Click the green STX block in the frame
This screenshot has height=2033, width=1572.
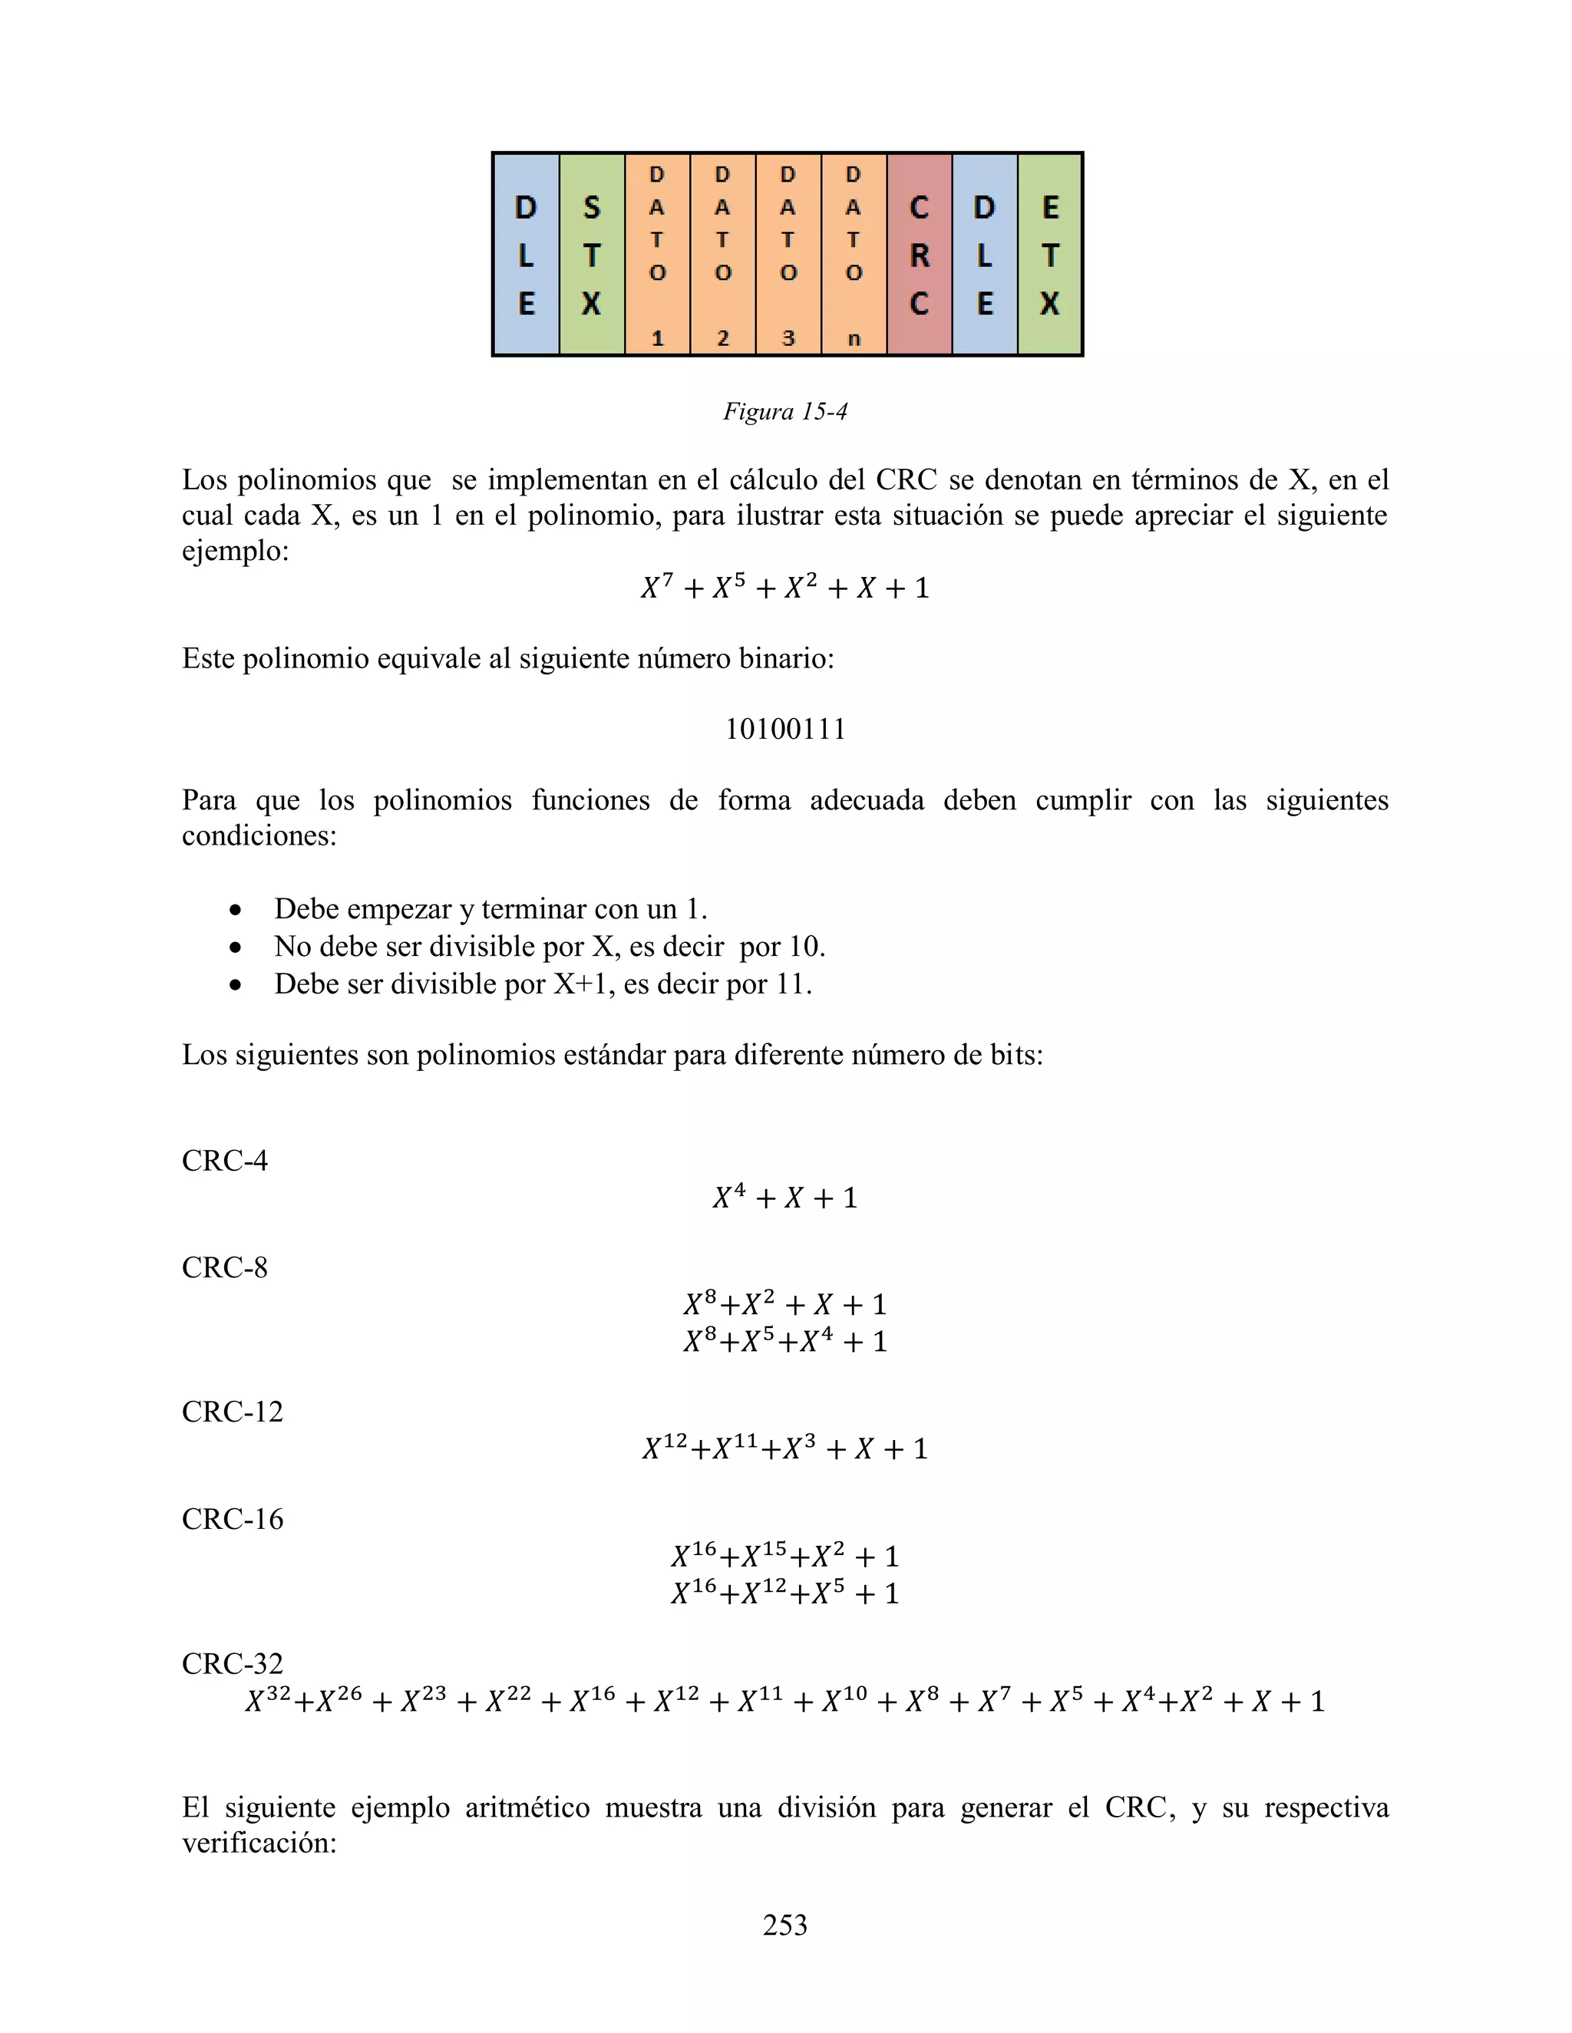click(591, 254)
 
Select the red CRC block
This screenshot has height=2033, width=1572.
click(919, 254)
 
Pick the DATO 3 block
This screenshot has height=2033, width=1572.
click(788, 254)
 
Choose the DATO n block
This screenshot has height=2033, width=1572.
click(853, 254)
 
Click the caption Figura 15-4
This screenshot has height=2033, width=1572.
click(785, 411)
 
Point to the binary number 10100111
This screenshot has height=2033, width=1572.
click(785, 729)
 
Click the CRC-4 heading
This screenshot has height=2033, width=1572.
click(224, 1161)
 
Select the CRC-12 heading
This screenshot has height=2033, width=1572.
click(232, 1412)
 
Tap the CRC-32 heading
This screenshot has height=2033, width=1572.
click(232, 1663)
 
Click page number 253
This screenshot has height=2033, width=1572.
click(785, 1925)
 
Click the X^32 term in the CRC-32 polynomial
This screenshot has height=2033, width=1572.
click(268, 1702)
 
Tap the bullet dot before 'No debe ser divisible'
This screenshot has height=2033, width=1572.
click(236, 947)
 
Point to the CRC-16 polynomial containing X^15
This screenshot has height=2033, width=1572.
click(785, 1557)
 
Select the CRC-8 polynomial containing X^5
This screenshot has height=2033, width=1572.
click(785, 1341)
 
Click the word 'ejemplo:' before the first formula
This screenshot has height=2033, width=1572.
click(236, 551)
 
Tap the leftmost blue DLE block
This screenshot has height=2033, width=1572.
click(526, 254)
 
